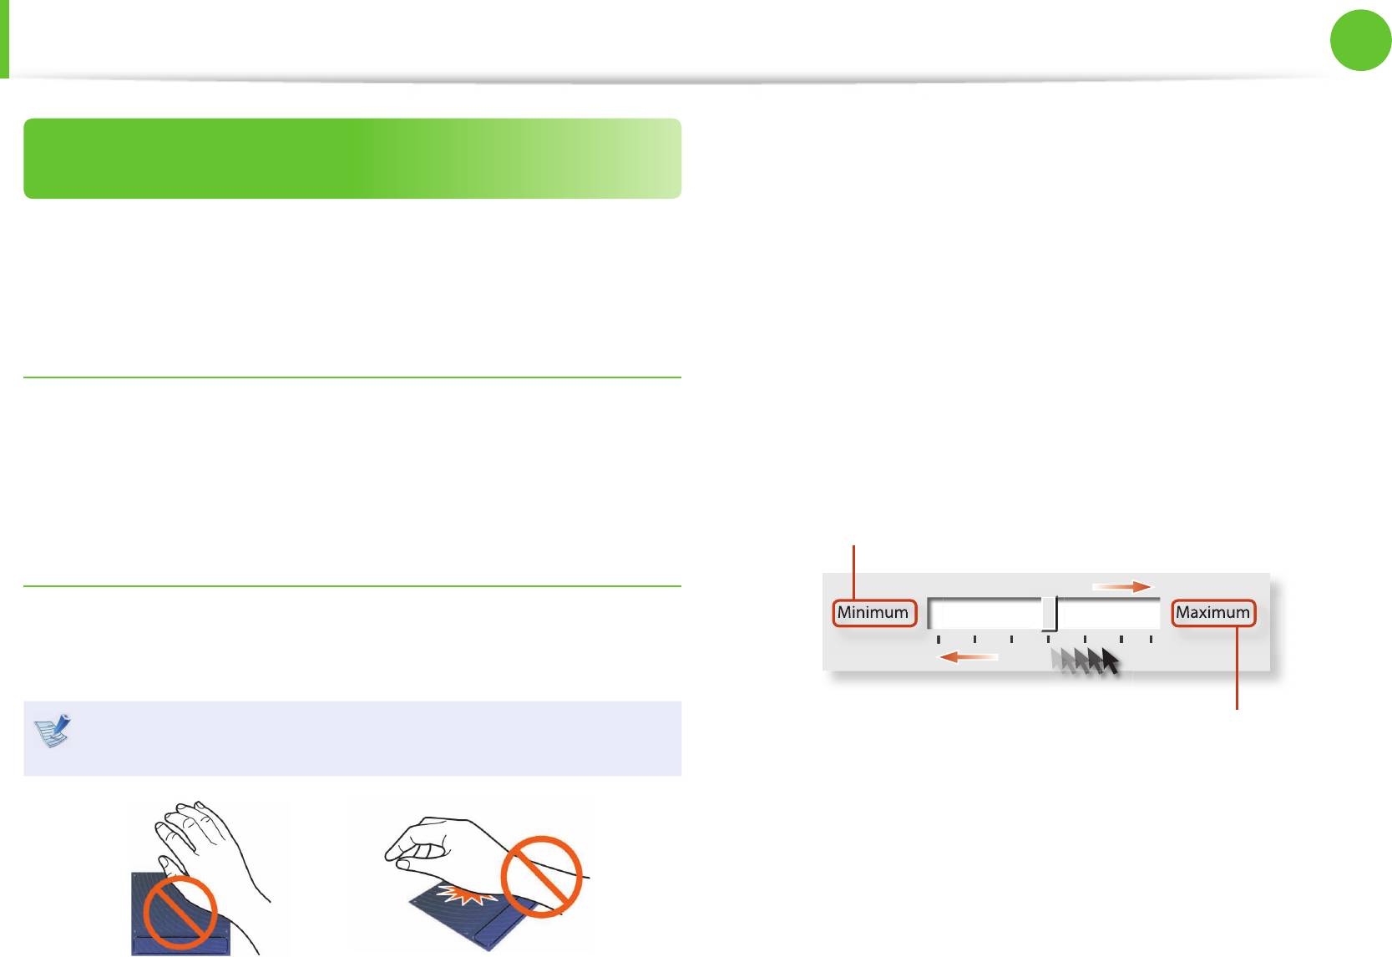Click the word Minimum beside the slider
pyautogui.click(x=873, y=613)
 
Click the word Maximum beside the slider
pyautogui.click(x=1212, y=613)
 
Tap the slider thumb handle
pyautogui.click(x=1050, y=614)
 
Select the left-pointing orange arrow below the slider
pyautogui.click(x=968, y=657)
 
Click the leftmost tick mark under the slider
pyautogui.click(x=939, y=640)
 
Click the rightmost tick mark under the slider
pyautogui.click(x=1151, y=640)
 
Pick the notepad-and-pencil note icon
pyautogui.click(x=53, y=731)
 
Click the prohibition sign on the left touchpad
pyautogui.click(x=180, y=911)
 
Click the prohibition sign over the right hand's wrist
pyautogui.click(x=541, y=877)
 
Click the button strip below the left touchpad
pyautogui.click(x=180, y=944)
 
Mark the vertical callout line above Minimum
pyautogui.click(x=853, y=571)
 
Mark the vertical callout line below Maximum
pyautogui.click(x=1237, y=668)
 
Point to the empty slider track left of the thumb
pyautogui.click(x=985, y=614)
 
